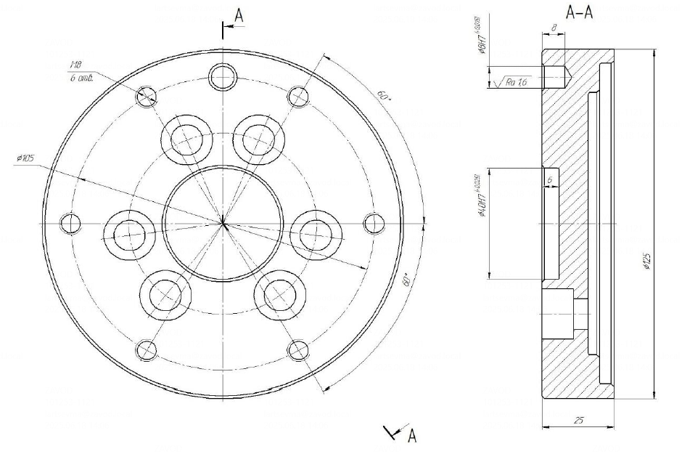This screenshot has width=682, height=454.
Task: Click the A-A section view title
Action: pos(578,12)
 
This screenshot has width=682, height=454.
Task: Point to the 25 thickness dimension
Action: pos(578,420)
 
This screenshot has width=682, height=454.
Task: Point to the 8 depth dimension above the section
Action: pos(554,27)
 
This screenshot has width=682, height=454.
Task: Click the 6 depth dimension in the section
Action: pos(551,178)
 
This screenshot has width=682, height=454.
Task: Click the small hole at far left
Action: pos(71,222)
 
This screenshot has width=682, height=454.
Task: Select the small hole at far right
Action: pos(372,222)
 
